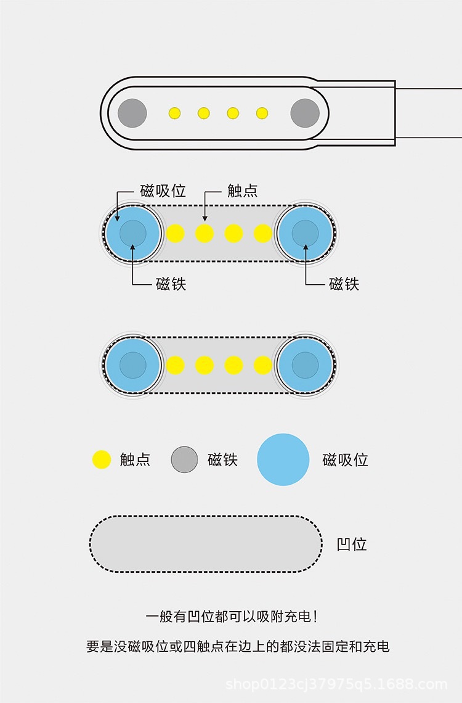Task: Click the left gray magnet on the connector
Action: [132, 113]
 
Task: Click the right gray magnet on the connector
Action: [305, 113]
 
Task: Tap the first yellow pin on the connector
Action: [175, 113]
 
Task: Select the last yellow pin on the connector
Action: [262, 113]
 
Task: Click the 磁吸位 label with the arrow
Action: [163, 191]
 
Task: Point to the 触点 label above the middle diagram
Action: [243, 191]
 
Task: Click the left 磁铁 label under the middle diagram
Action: [171, 284]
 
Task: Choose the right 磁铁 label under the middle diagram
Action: [344, 284]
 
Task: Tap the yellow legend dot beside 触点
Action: [101, 459]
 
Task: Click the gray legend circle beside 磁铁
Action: [184, 459]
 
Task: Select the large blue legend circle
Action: [283, 459]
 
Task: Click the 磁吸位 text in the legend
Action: [345, 459]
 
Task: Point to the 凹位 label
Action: [352, 544]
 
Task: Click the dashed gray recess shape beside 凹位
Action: [206, 544]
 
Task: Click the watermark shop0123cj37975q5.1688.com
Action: [336, 684]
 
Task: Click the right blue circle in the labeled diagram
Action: [305, 233]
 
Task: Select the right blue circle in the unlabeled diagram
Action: [305, 365]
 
